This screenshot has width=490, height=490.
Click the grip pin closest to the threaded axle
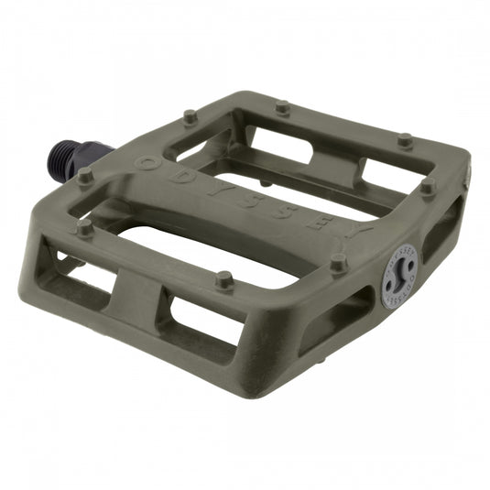pos(85,174)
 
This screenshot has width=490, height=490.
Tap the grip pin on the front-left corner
pos(85,227)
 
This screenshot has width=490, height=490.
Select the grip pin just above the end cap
pos(338,262)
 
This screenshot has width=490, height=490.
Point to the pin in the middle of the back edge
pos(282,107)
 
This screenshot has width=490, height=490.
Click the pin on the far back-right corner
pos(404,140)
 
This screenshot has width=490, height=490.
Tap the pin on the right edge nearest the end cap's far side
pos(427,186)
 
